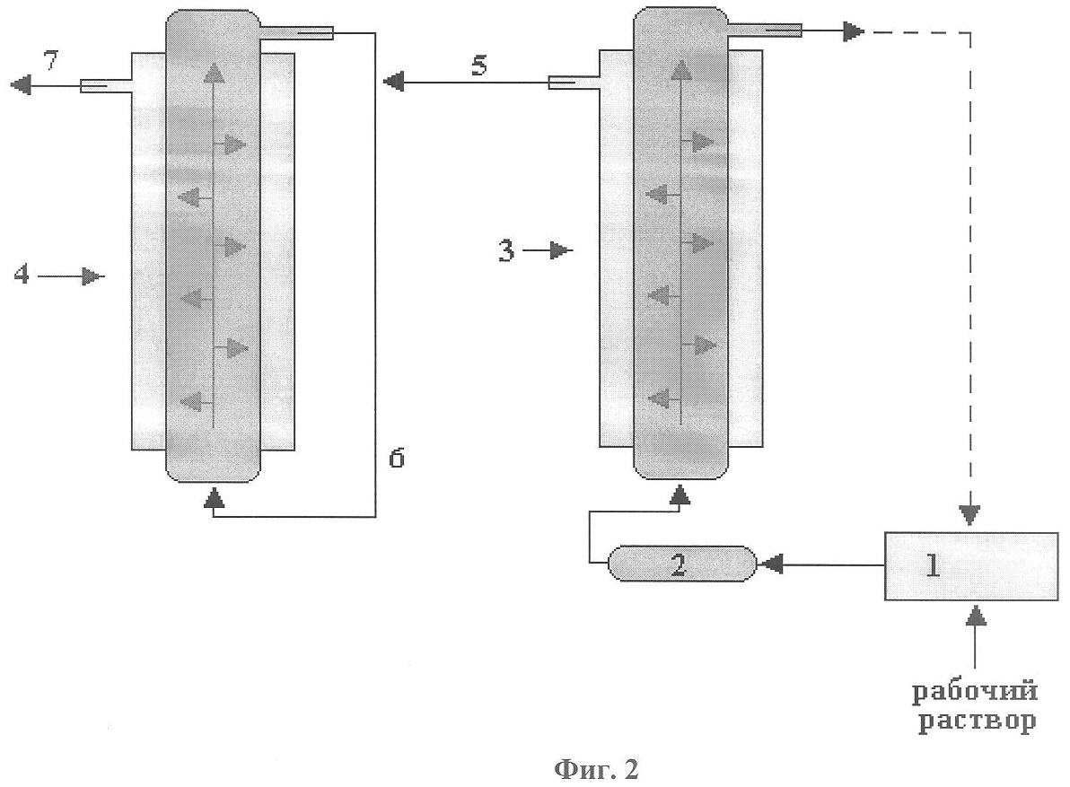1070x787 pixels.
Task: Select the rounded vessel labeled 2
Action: [680, 564]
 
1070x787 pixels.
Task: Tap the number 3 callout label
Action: [507, 252]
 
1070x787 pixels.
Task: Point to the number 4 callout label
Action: [22, 275]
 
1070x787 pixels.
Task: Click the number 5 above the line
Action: [480, 66]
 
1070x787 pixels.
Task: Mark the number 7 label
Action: [52, 63]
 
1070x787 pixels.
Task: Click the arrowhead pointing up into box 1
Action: [976, 616]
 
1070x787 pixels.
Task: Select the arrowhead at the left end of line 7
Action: [21, 85]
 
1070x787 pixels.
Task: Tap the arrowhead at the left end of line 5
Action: [392, 83]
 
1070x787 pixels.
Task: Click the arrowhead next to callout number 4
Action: [93, 276]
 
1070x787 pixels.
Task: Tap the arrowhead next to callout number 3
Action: [561, 251]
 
